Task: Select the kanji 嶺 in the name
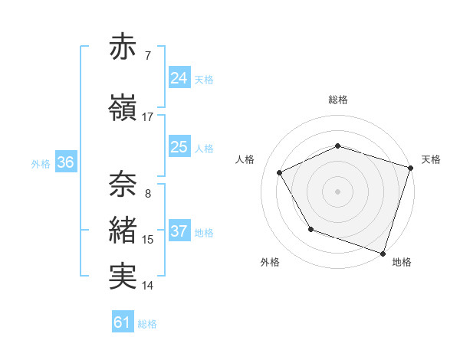point(123,108)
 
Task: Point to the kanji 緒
point(123,231)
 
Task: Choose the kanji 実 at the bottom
point(123,277)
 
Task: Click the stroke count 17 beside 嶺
point(148,117)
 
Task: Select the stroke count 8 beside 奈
point(148,193)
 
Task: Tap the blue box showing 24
point(179,78)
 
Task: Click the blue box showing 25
point(179,147)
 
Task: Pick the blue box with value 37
point(179,231)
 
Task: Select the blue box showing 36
point(65,162)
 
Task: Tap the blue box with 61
point(123,323)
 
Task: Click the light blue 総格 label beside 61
point(147,324)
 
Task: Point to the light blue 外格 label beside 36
point(41,163)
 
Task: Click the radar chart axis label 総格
point(337,100)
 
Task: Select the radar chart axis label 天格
point(431,159)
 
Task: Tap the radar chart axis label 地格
point(402,262)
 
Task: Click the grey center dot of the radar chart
point(337,191)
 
